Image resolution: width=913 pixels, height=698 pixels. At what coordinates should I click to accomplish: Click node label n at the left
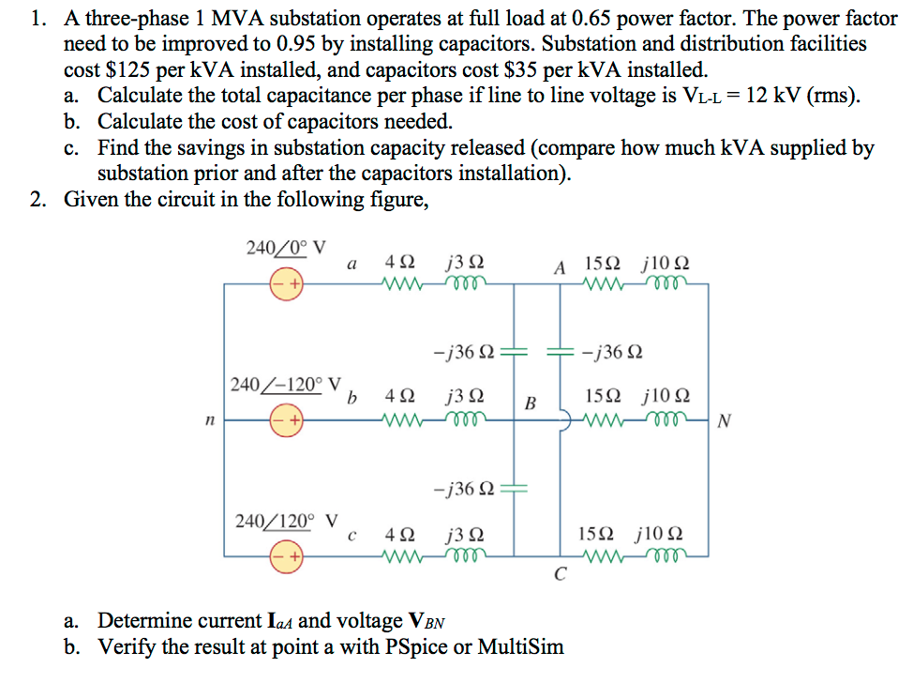pos(210,423)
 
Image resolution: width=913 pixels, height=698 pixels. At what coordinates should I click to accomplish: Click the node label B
pos(530,403)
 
